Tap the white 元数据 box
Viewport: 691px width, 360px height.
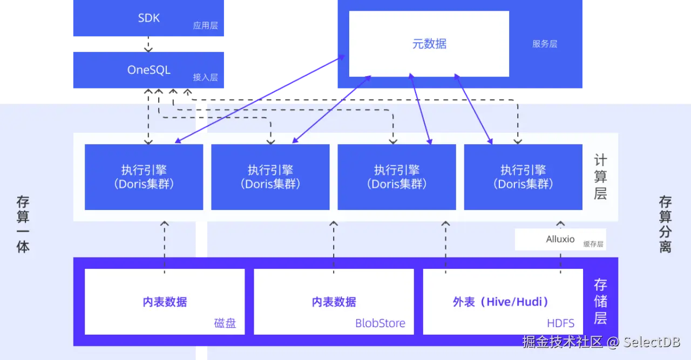[x=429, y=44]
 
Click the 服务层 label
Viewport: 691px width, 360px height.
[x=544, y=44]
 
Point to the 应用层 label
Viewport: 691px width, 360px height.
[x=205, y=25]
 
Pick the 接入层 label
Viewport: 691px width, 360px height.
[x=205, y=77]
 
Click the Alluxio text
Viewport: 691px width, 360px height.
[x=560, y=239]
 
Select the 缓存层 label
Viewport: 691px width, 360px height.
[x=593, y=243]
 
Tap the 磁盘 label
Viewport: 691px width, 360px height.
[x=225, y=323]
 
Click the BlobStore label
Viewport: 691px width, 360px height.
[x=380, y=323]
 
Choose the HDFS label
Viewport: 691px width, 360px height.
[x=561, y=323]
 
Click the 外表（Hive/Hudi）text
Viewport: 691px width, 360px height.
[x=500, y=302]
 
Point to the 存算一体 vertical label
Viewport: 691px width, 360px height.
[x=23, y=225]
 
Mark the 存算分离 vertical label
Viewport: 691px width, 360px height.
[x=665, y=225]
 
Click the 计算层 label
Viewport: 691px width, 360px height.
[x=600, y=176]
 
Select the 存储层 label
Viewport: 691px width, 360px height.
[x=600, y=301]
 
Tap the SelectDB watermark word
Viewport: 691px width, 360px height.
[x=652, y=342]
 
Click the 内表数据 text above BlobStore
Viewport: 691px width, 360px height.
[x=334, y=302]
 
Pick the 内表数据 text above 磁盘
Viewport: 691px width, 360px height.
[x=165, y=302]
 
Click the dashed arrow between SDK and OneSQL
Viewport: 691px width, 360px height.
[x=149, y=45]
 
